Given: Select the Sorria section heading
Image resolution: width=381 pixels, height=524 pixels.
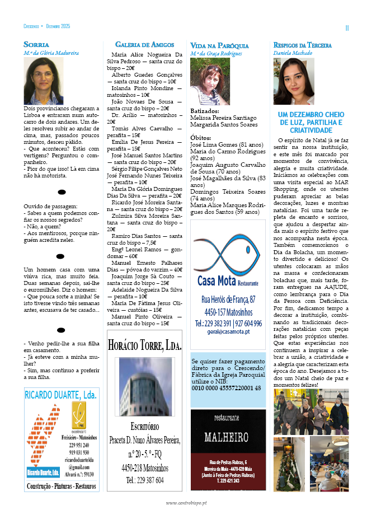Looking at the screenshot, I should (36, 44).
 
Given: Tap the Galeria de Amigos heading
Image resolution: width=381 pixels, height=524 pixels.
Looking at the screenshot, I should (144, 44).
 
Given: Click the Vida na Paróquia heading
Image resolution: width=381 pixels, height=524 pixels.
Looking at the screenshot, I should (219, 45).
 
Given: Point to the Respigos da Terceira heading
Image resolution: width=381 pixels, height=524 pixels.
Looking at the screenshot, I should (302, 45).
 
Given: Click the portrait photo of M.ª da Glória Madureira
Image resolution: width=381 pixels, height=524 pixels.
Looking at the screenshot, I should (44, 81).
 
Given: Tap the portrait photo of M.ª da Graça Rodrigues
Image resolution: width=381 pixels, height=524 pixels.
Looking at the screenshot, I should (210, 82).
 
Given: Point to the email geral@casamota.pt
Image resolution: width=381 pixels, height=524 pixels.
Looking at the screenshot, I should (228, 331).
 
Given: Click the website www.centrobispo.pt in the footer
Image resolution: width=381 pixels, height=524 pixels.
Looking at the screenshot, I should (186, 502).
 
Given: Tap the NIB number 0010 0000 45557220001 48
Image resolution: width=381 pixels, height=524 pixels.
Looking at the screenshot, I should (226, 387).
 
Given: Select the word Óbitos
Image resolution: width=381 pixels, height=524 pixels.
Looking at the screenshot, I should (201, 137).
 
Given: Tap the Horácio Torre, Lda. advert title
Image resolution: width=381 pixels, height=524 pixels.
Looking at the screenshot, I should (145, 344).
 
